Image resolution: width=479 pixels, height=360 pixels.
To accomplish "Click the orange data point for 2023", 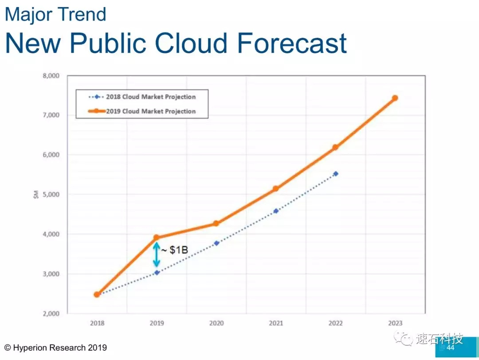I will (395, 98).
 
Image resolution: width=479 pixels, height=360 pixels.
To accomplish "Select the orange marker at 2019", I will (157, 238).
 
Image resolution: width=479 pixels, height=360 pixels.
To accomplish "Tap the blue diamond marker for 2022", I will (335, 174).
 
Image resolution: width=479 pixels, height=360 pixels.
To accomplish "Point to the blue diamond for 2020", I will (216, 243).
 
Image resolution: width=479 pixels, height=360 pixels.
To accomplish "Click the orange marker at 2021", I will (276, 188).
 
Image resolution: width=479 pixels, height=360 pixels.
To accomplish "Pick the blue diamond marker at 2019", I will (157, 273).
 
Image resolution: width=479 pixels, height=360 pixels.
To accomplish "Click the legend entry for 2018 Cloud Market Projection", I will (142, 97).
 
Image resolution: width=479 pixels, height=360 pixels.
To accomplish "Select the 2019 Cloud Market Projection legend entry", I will (142, 111).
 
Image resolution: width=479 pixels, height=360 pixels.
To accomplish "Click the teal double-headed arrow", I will (157, 254).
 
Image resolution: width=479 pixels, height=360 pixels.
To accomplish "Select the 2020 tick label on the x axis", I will (216, 323).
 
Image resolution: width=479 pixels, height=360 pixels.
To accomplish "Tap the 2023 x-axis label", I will (395, 323).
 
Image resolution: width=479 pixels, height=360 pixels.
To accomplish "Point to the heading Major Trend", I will (55, 14).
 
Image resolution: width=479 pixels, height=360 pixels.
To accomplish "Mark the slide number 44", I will (451, 348).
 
